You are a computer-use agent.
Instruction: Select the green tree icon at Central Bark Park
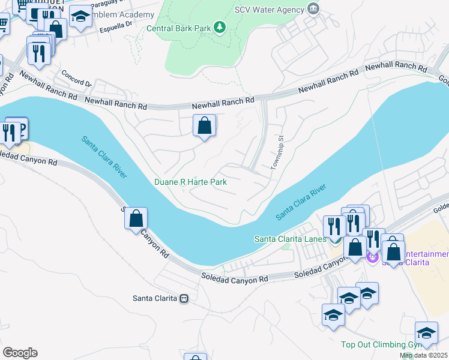(220, 27)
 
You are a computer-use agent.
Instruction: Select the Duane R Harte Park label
(190, 182)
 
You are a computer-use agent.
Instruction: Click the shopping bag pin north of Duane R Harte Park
(204, 126)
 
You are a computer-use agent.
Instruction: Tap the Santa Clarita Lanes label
(290, 239)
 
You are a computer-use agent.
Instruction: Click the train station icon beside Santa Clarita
(184, 298)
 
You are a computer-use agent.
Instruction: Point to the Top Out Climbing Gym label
(378, 344)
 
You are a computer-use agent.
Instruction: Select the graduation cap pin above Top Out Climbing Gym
(426, 332)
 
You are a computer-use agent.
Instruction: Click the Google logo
(20, 353)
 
